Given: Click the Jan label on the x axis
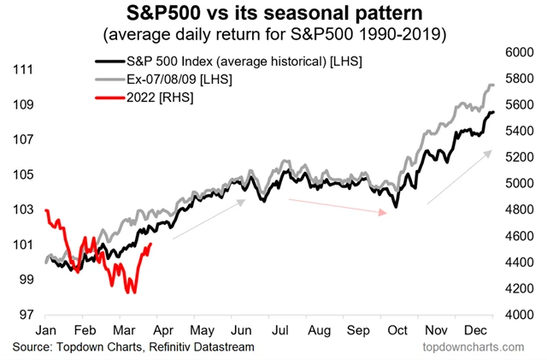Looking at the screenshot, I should coord(46,329).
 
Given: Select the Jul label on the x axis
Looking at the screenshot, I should coord(279,329).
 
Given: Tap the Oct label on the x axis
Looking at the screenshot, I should coord(396,329).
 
